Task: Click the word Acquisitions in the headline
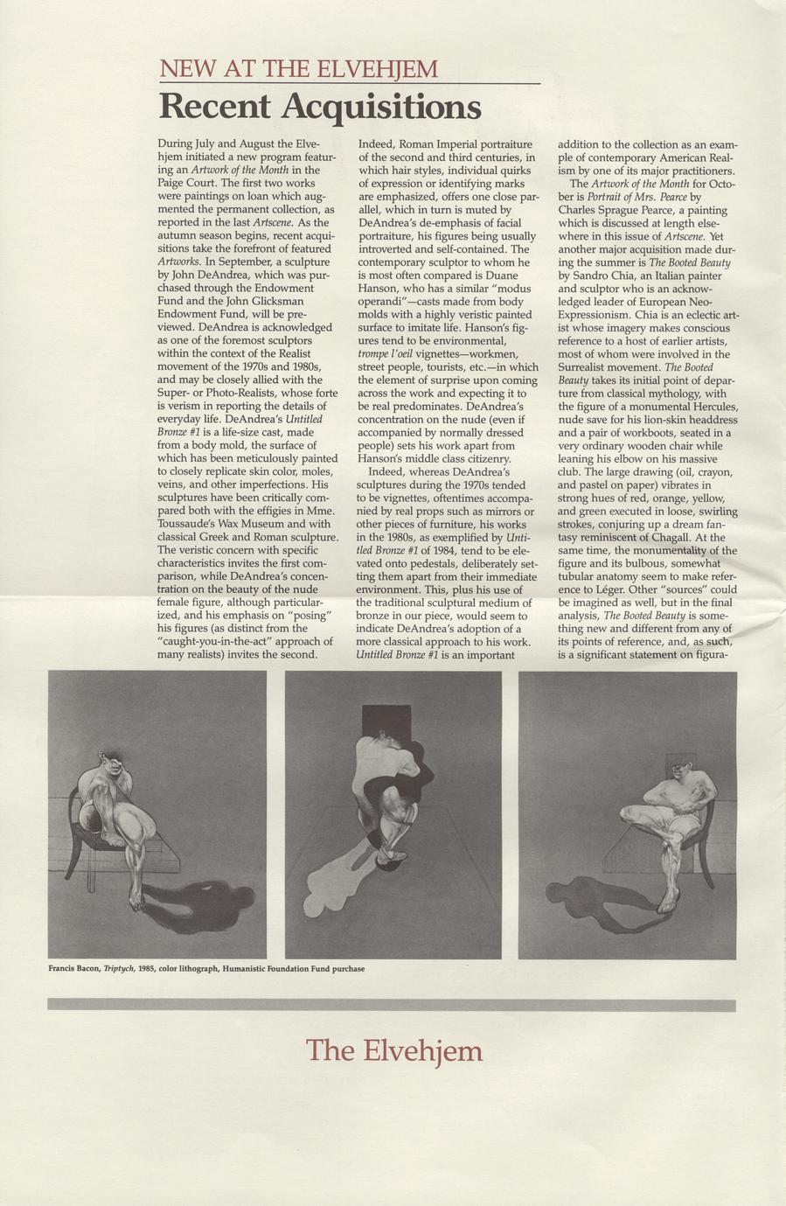coord(381,108)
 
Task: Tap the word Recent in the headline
coord(215,108)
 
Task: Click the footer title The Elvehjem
coord(394,1049)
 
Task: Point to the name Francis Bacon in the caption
coord(74,969)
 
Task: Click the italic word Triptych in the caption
coord(119,969)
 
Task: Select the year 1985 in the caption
coord(146,969)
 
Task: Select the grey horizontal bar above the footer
coord(393,1005)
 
